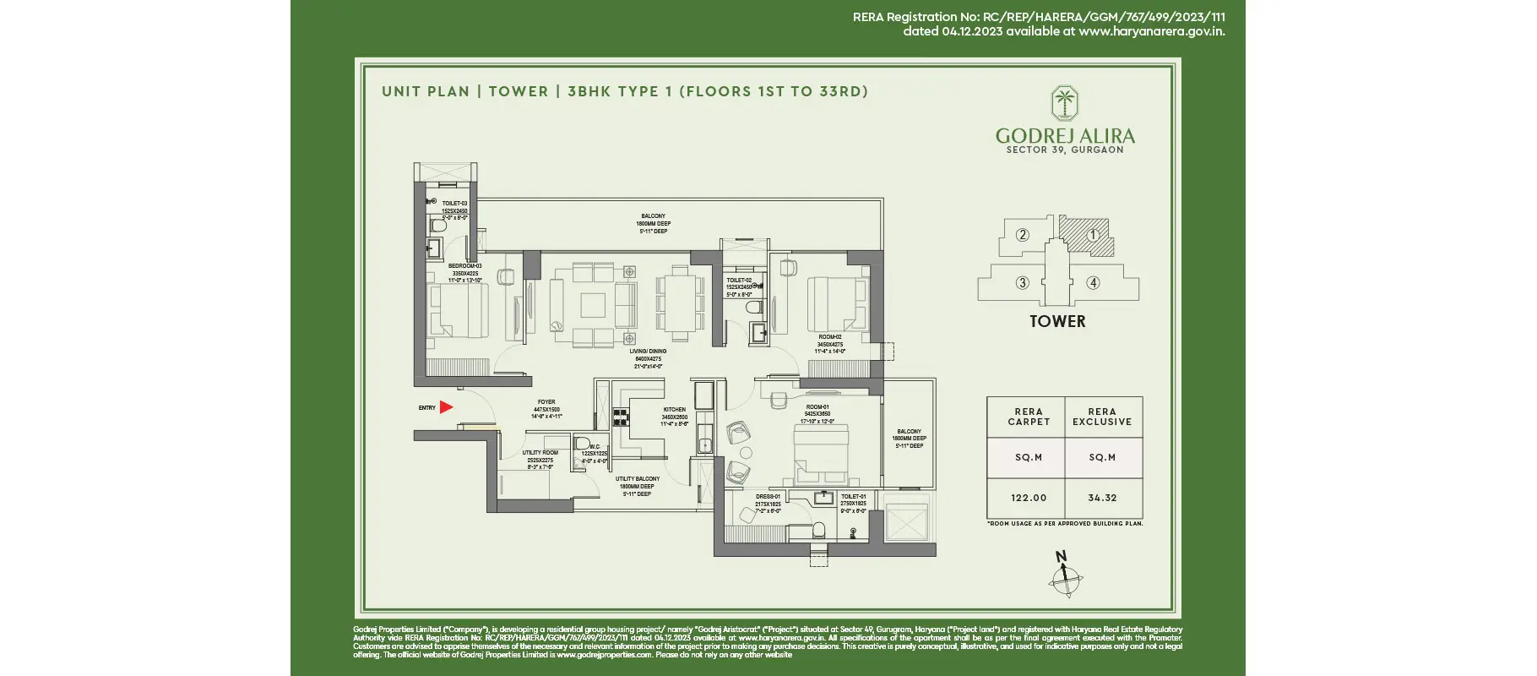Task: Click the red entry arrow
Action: click(x=446, y=407)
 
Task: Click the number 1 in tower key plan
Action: click(x=1093, y=235)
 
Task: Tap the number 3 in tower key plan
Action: click(x=1022, y=282)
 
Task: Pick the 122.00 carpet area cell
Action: click(x=1028, y=498)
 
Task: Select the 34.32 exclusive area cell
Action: click(x=1102, y=498)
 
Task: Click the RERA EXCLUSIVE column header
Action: click(x=1102, y=417)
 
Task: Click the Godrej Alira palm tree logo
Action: click(x=1064, y=103)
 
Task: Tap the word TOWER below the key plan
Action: click(x=1057, y=321)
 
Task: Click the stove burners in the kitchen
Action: click(x=621, y=416)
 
